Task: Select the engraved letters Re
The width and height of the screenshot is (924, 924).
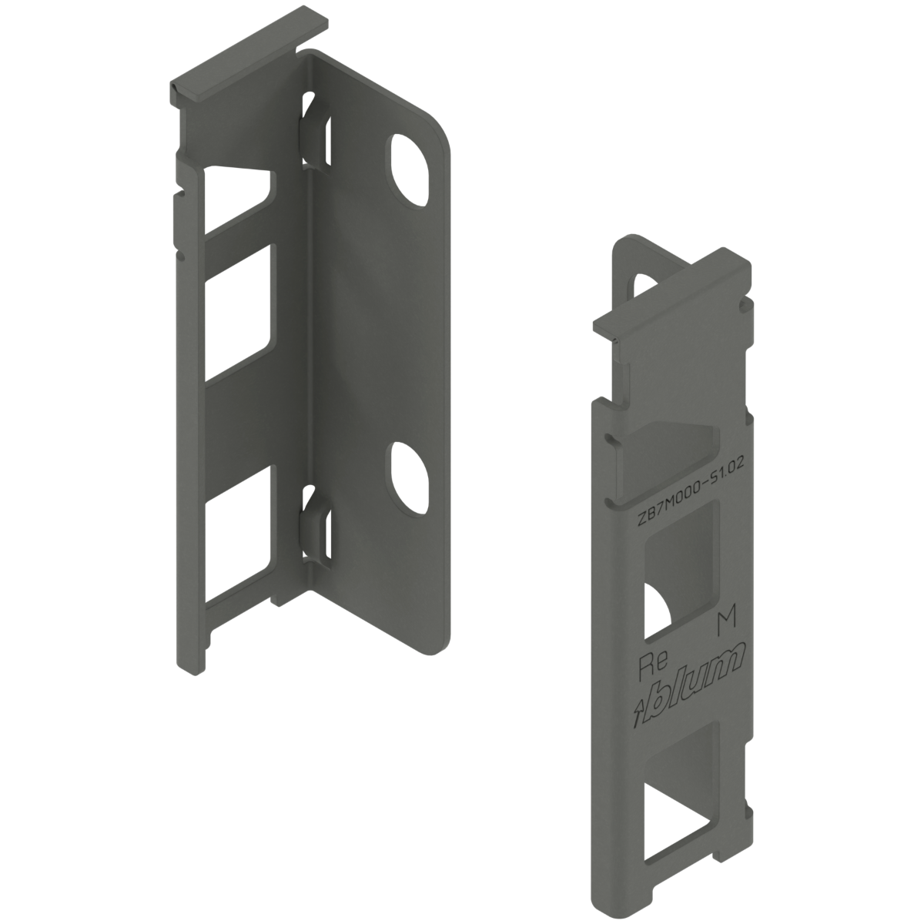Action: click(649, 667)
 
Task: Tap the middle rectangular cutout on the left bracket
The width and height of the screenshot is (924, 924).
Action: click(237, 312)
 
